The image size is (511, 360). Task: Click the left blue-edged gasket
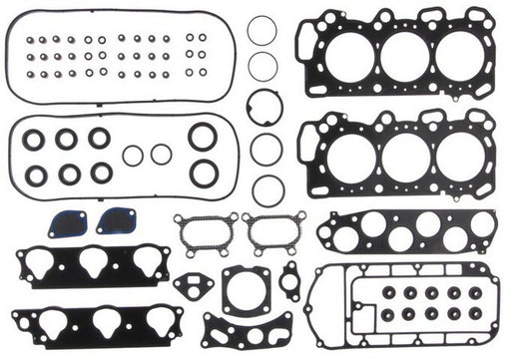(x=67, y=224)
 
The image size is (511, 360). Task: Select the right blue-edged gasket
(x=116, y=220)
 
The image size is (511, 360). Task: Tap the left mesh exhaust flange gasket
(x=205, y=231)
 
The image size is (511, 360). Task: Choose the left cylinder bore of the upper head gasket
(x=345, y=57)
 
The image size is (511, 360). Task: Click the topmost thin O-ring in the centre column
(x=262, y=30)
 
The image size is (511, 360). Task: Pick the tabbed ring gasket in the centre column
(x=265, y=107)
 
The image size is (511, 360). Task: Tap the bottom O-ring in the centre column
(x=267, y=189)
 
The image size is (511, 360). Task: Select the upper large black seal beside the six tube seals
(x=203, y=137)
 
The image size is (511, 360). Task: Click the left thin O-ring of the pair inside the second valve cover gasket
(x=133, y=155)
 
